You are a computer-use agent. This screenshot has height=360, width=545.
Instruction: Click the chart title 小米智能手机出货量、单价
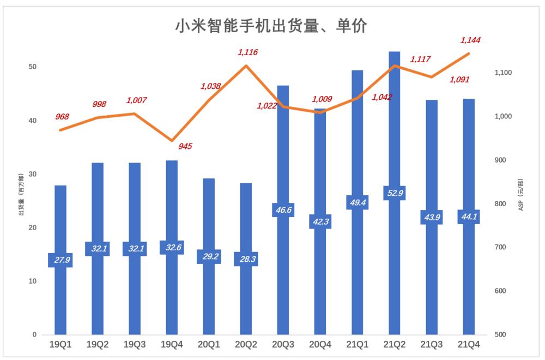point(271,26)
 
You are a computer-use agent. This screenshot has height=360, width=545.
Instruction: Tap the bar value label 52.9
point(395,193)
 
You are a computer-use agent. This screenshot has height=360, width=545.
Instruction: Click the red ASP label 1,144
point(470,40)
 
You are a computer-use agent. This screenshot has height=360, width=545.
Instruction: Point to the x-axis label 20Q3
point(283,345)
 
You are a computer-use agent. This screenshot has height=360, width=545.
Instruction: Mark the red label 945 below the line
point(185,146)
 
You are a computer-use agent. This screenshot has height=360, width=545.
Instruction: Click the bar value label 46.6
point(283,209)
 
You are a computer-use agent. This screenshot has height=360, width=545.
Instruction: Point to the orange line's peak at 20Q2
point(246,65)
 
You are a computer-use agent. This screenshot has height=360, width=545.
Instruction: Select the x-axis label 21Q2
point(395,345)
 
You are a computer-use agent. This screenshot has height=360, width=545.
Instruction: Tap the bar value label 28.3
point(245,259)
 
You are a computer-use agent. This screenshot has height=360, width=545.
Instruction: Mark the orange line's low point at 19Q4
point(172,141)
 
